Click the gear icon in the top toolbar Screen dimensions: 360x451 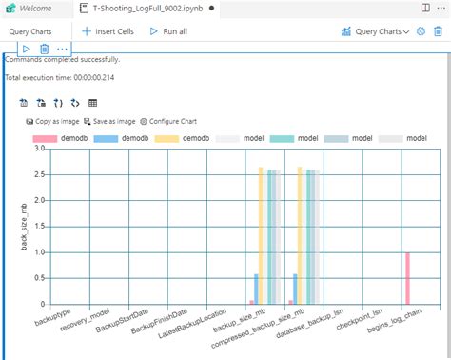pos(422,31)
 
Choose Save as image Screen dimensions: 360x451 pos(109,121)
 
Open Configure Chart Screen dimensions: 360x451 pos(172,121)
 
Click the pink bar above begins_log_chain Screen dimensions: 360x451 pos(407,277)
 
